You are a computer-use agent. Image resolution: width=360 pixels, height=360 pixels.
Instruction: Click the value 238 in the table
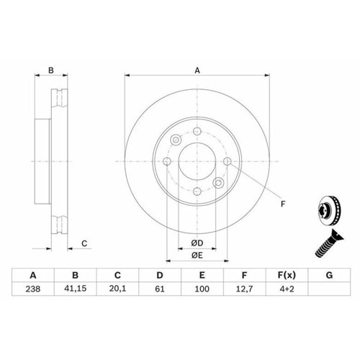tap(33, 289)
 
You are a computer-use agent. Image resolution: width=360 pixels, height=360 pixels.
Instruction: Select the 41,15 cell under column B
tap(75, 289)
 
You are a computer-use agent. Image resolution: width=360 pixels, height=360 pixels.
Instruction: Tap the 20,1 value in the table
tap(117, 289)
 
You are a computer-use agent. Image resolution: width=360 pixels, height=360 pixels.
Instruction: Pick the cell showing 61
tap(160, 289)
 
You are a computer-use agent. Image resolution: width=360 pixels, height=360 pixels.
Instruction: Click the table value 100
tap(202, 289)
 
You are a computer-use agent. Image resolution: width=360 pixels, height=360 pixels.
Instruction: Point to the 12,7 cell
tap(244, 289)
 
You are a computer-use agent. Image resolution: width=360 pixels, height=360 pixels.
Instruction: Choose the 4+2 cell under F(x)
tap(287, 289)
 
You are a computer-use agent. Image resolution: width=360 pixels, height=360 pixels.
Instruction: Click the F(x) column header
tap(287, 275)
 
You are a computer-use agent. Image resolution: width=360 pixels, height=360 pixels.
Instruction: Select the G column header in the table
tap(329, 275)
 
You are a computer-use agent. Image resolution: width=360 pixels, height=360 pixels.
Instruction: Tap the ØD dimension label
tap(197, 243)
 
